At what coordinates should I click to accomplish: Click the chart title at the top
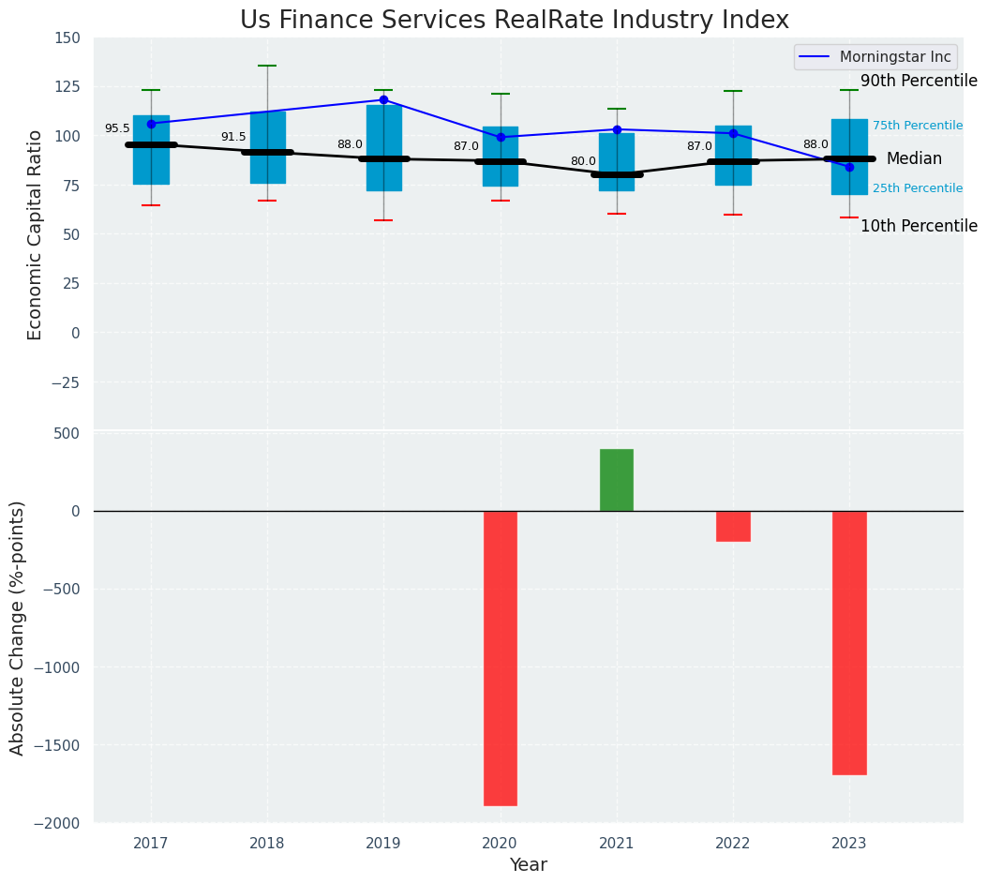point(514,21)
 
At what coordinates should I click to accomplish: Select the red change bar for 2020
point(501,657)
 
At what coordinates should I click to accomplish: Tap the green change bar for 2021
point(617,480)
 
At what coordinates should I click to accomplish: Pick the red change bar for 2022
point(733,526)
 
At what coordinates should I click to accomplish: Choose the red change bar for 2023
point(849,642)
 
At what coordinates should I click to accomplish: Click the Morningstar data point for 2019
point(383,99)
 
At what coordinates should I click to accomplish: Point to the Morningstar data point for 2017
point(151,124)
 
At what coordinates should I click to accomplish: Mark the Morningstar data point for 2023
point(849,167)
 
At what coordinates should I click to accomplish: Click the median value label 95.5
point(117,129)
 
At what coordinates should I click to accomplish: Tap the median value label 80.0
point(583,161)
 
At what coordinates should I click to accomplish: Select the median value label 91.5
point(233,137)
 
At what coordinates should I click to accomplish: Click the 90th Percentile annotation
point(919,81)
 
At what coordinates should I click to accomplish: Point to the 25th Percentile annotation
point(917,188)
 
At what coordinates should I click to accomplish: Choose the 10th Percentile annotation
point(919,226)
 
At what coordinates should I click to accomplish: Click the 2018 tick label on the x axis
point(267,844)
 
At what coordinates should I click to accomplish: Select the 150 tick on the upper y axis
point(67,37)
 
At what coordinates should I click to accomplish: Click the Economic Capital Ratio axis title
point(36,234)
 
